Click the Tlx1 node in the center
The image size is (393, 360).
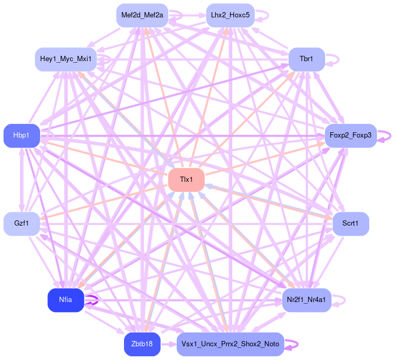(x=186, y=180)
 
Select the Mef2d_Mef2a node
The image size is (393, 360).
(x=142, y=15)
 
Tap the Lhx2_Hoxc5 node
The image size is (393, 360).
(x=229, y=15)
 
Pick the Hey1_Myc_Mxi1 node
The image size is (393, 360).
(x=65, y=59)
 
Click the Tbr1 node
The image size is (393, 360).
(x=306, y=59)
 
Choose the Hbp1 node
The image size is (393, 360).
(x=22, y=136)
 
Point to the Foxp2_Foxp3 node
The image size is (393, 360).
(x=350, y=136)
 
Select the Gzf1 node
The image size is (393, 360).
(x=22, y=223)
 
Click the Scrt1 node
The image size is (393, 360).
(x=350, y=224)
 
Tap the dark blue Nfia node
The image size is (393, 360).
(x=65, y=300)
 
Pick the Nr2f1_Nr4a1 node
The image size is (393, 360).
(x=306, y=300)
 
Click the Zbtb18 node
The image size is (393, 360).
(x=142, y=344)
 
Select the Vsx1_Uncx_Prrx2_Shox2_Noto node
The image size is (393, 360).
(x=230, y=344)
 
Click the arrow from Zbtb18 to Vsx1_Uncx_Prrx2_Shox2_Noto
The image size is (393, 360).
(x=168, y=344)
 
